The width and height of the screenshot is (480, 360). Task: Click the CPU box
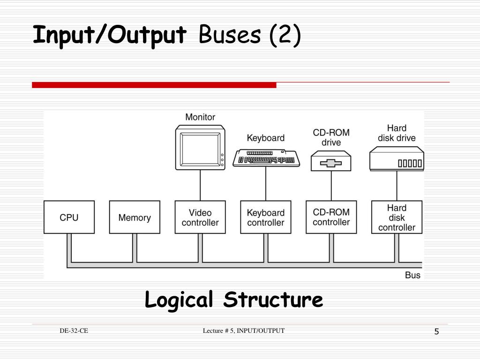[x=69, y=217]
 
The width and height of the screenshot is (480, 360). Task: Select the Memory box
[x=135, y=217]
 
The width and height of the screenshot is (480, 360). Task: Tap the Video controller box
[x=200, y=217]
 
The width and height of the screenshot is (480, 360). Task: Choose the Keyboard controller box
[x=266, y=217]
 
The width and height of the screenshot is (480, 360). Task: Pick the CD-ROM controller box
[x=331, y=217]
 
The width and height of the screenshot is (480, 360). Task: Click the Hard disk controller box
[x=397, y=217]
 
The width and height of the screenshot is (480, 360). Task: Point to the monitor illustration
[x=200, y=147]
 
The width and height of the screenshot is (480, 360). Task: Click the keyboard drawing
[x=266, y=157]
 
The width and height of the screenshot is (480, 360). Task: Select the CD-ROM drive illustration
[x=331, y=160]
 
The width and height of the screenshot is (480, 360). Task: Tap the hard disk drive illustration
[x=397, y=158]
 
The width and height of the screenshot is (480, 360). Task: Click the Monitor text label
[x=200, y=117]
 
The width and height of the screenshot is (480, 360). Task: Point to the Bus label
[x=412, y=275]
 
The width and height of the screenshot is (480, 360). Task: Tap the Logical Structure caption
[x=234, y=300]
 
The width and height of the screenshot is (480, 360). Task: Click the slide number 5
[x=436, y=332]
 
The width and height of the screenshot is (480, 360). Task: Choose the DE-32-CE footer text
[x=74, y=331]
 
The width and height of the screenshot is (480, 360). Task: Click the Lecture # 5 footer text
[x=244, y=331]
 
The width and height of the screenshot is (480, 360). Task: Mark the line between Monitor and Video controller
[x=200, y=185]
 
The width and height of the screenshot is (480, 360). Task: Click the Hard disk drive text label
[x=397, y=133]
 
